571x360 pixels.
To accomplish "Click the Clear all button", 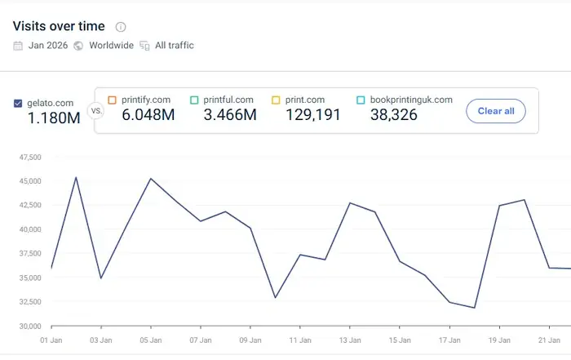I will [x=495, y=110].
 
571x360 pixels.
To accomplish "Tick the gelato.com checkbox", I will [x=19, y=104].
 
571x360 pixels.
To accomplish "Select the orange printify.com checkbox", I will [x=113, y=100].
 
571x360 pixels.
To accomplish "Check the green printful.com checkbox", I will [x=194, y=100].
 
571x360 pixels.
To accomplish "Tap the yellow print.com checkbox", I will [x=276, y=100].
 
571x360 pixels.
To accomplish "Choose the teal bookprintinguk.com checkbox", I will [x=361, y=100].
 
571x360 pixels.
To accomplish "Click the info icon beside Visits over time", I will [x=121, y=27].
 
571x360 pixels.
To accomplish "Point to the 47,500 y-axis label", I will [x=29, y=156].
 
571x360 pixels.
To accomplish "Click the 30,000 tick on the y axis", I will [x=29, y=327].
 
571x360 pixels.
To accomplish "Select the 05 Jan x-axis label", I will [x=150, y=339].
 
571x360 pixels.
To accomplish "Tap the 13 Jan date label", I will [x=350, y=339].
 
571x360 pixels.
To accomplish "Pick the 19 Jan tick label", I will [x=499, y=339].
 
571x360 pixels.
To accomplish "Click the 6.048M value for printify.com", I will [x=148, y=115].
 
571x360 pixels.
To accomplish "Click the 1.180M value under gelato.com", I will [x=54, y=118].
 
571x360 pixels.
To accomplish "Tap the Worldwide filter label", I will [x=111, y=46].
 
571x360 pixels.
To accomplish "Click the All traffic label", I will [x=175, y=46].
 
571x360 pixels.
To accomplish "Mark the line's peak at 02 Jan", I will [x=76, y=177].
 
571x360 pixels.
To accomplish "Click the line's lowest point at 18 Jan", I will [x=474, y=308].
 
